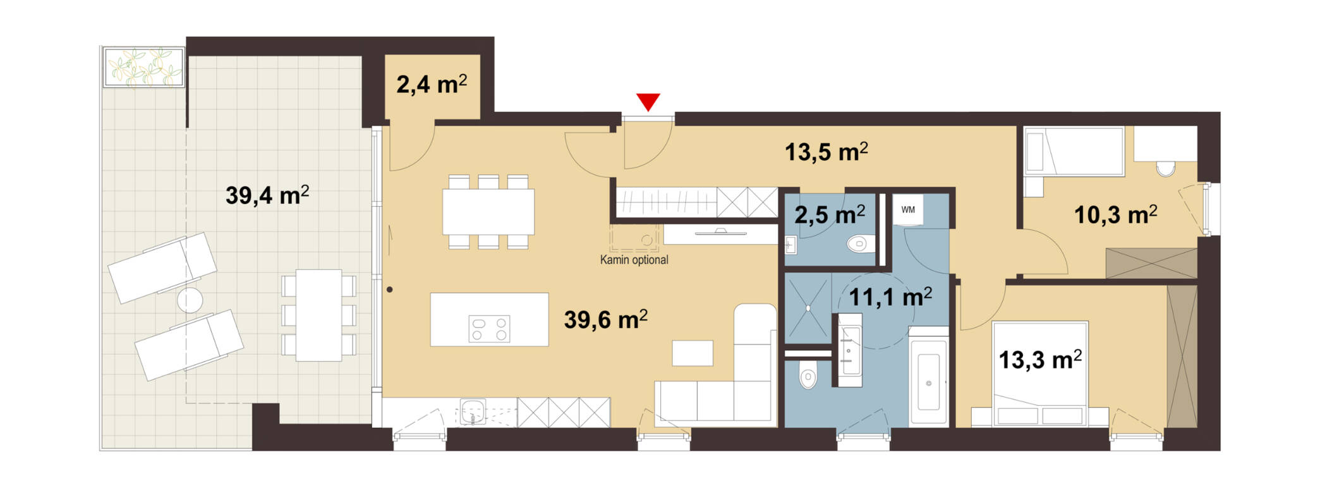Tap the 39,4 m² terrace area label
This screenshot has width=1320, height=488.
(267, 195)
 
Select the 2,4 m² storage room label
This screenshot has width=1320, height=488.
(432, 84)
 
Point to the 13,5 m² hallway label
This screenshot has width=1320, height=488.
(826, 152)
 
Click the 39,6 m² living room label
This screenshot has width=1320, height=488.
(605, 319)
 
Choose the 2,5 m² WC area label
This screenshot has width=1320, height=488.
(830, 215)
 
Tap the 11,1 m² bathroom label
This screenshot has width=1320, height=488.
(890, 296)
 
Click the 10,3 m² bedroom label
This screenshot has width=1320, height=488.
(1116, 215)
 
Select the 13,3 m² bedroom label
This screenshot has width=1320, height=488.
(1040, 360)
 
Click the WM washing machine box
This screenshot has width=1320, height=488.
(908, 210)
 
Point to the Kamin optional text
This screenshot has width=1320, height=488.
(634, 260)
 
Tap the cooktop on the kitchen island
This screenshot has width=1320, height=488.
(489, 329)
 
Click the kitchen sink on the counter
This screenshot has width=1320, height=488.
(473, 412)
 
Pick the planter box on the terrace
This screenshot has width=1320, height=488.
(144, 66)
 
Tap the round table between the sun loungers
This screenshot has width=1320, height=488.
(190, 300)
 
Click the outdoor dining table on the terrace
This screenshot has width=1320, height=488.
(319, 315)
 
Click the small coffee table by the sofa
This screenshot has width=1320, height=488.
(693, 353)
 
